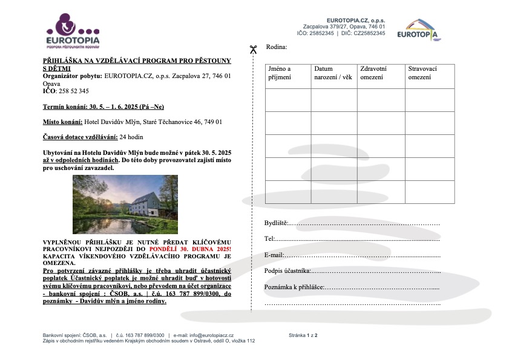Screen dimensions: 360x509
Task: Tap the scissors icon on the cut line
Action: [x=253, y=50]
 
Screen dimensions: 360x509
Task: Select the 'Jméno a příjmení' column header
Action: [x=280, y=73]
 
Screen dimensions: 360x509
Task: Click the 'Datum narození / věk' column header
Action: [x=332, y=73]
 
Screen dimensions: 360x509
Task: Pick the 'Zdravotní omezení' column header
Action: [x=373, y=73]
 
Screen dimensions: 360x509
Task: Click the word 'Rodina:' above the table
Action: [x=277, y=47]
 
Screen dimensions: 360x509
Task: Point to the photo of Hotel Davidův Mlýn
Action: [x=125, y=205]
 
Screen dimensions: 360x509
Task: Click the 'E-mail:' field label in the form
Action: [x=274, y=255]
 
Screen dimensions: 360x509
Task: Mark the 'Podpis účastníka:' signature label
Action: [x=287, y=270]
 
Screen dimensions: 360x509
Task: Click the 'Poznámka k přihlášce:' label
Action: [x=295, y=286]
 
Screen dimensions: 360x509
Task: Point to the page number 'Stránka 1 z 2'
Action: [x=303, y=335]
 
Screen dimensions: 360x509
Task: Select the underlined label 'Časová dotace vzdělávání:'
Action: [x=80, y=137]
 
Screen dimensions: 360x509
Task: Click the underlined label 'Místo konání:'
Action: [x=62, y=122]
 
